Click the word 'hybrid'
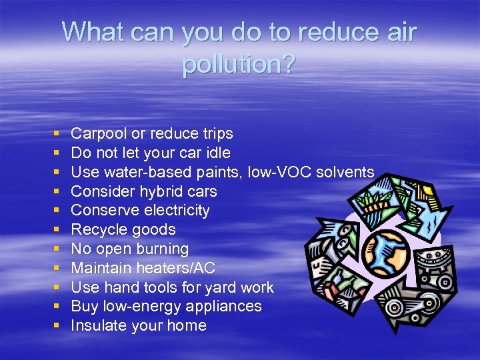pyautogui.click(x=157, y=191)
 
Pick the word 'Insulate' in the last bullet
pyautogui.click(x=97, y=326)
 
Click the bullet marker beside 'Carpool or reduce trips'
pyautogui.click(x=57, y=135)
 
